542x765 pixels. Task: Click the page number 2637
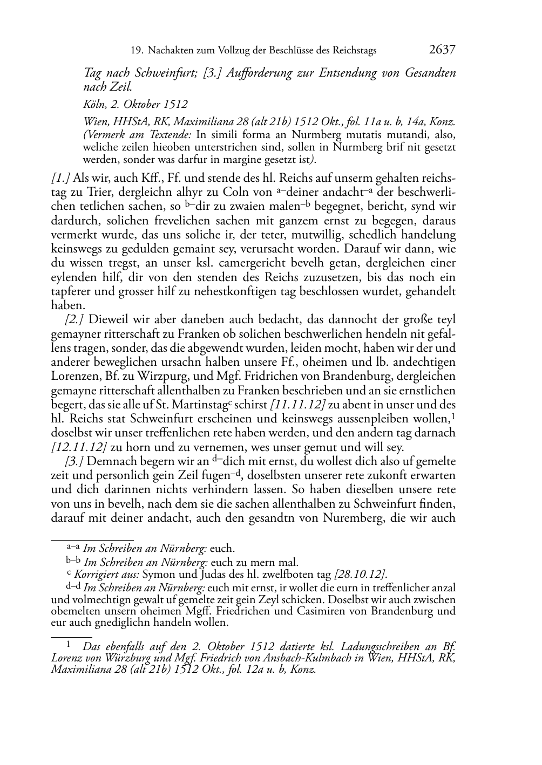coord(442,50)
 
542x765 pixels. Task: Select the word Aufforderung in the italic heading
coord(254,73)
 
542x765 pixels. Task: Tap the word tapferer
coord(71,292)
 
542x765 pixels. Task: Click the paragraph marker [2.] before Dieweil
coord(74,320)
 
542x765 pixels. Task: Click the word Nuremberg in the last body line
coord(350,518)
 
